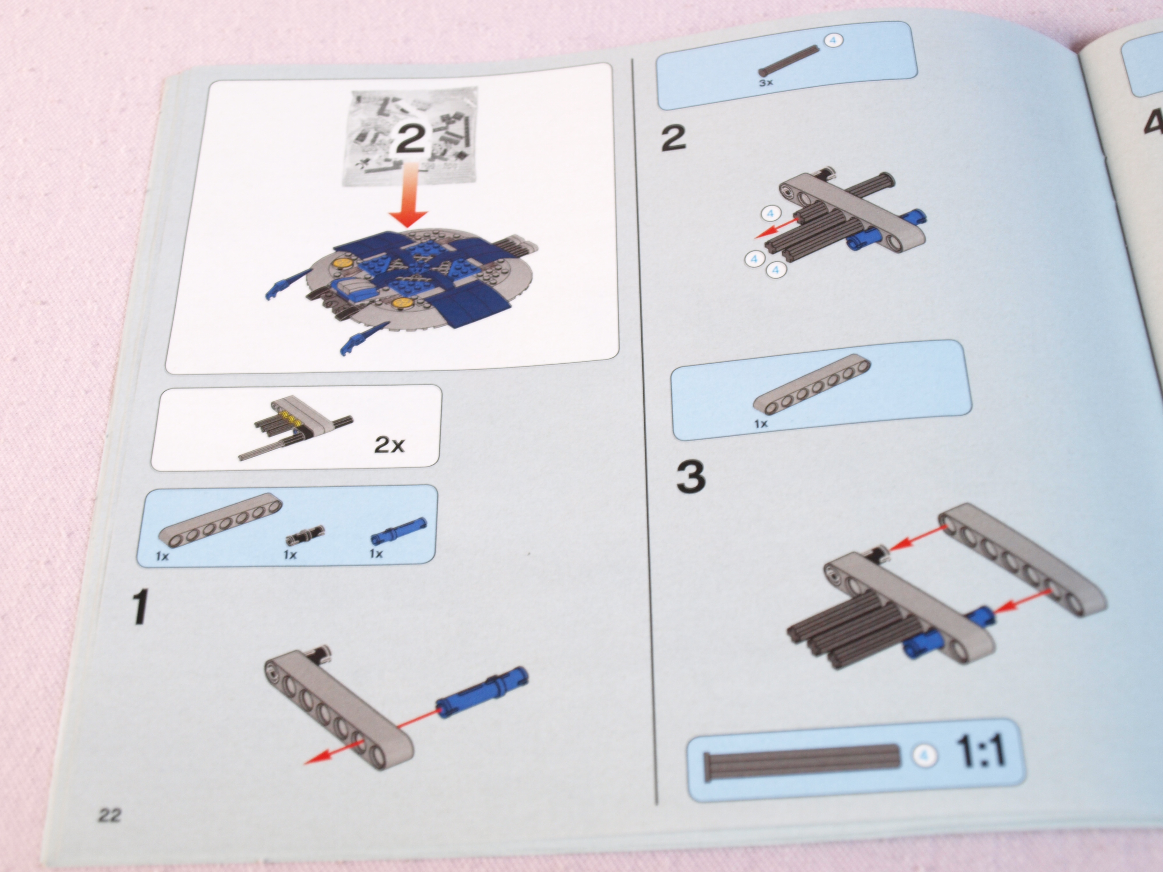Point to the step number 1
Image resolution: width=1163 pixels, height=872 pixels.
[x=139, y=607]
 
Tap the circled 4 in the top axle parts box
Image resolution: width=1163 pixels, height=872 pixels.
[x=832, y=40]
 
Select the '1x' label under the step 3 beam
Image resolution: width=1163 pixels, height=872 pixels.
[x=761, y=424]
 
